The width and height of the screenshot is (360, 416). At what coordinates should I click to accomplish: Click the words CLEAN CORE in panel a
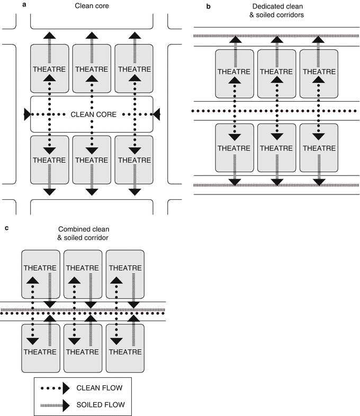[91, 114]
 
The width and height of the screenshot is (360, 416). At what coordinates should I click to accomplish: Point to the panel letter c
[5, 228]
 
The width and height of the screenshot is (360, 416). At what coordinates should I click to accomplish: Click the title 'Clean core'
[91, 7]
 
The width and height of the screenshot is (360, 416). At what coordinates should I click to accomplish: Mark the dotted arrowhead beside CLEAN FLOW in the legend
[67, 388]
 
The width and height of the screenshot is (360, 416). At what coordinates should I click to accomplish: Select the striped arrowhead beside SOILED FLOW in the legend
[67, 405]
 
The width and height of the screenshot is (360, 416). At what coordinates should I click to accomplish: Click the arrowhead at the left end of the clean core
[28, 114]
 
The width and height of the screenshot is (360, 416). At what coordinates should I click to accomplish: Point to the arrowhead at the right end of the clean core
[156, 114]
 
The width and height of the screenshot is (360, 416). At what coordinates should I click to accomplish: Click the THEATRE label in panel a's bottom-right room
[133, 159]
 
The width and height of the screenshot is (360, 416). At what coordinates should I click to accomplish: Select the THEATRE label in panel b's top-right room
[319, 72]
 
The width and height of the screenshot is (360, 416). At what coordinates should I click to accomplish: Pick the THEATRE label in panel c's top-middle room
[83, 268]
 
